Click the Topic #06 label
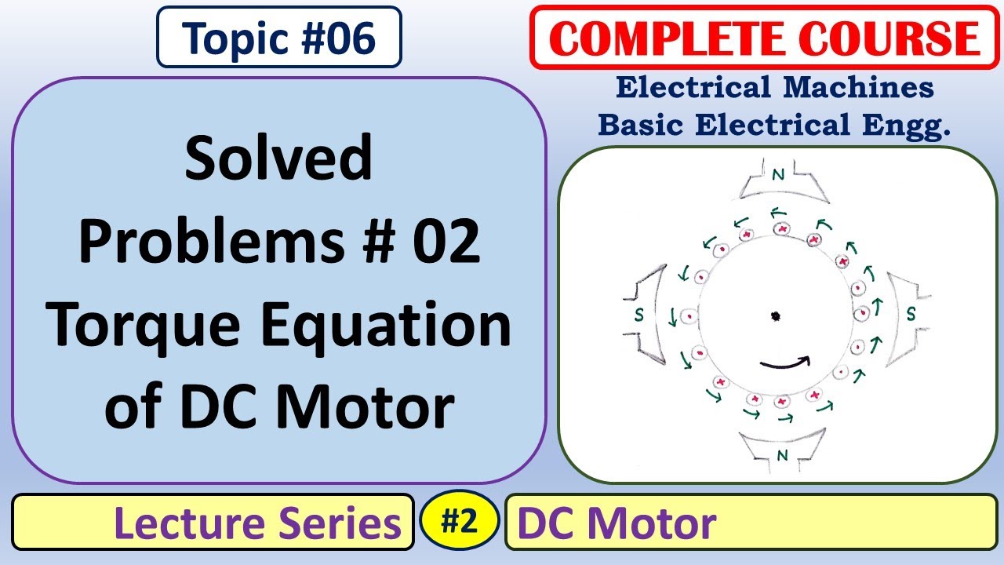click(278, 37)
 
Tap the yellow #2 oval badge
click(459, 521)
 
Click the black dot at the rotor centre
click(775, 316)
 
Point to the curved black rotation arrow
click(784, 363)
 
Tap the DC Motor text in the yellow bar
click(617, 523)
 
